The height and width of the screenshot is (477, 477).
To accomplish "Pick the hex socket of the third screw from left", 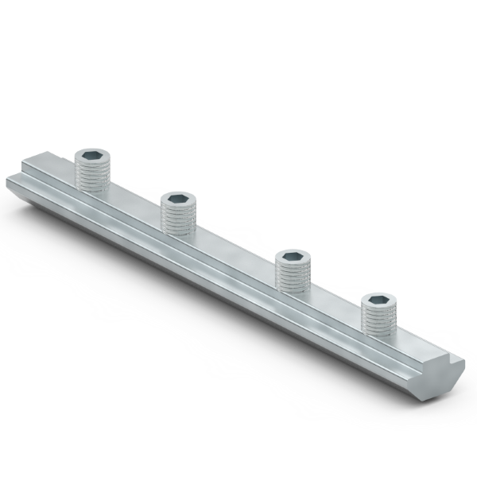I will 290,257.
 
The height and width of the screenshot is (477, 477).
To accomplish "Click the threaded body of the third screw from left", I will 290,277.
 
